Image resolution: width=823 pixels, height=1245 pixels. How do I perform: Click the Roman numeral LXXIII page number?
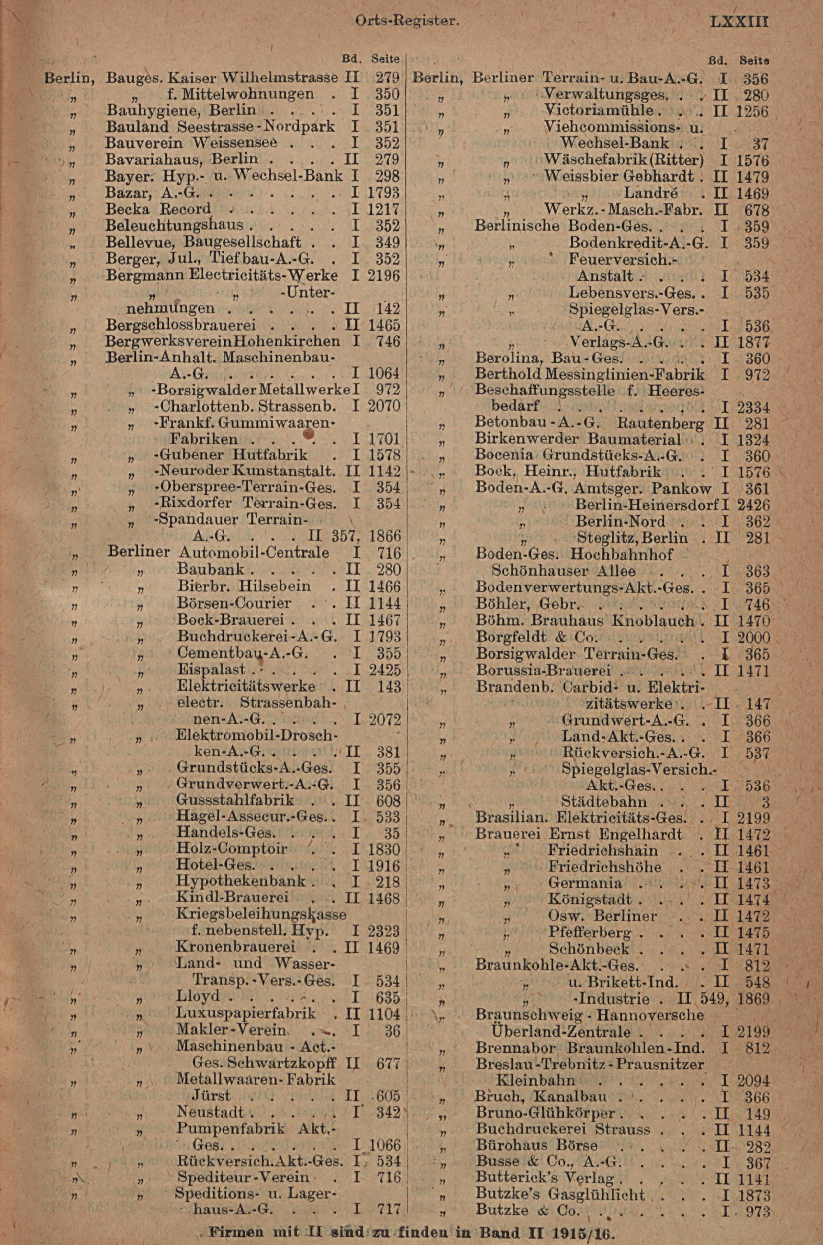pyautogui.click(x=739, y=23)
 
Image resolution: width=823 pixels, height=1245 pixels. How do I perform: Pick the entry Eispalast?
pyautogui.click(x=211, y=670)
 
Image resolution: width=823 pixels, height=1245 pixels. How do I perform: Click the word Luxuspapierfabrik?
pyautogui.click(x=246, y=1014)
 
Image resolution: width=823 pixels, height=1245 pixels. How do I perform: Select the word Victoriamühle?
pyautogui.click(x=598, y=111)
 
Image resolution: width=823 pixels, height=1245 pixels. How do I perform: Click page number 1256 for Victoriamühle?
pyautogui.click(x=752, y=111)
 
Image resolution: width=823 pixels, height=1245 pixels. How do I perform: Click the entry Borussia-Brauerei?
pyautogui.click(x=543, y=671)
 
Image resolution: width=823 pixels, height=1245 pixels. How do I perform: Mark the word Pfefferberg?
pyautogui.click(x=589, y=932)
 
